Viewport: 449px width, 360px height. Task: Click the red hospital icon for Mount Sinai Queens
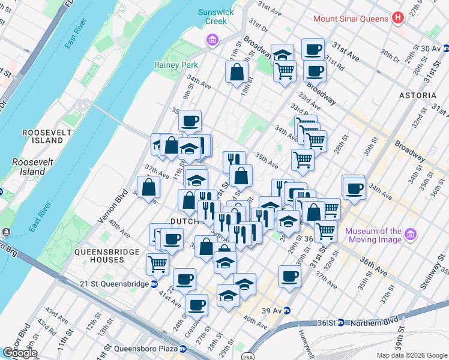tap(397, 18)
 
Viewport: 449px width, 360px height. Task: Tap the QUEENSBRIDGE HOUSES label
tap(99, 256)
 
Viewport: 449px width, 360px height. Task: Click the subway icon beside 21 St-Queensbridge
tap(154, 284)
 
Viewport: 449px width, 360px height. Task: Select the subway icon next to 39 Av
tap(287, 310)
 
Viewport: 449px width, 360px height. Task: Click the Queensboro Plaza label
tap(140, 349)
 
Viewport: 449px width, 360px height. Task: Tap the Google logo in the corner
tap(20, 353)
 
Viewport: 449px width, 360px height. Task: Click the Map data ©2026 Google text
tap(412, 355)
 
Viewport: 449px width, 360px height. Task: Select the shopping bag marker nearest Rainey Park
tap(237, 72)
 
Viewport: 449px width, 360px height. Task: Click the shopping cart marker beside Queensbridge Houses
tap(157, 263)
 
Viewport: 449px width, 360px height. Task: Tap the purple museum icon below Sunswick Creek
tap(212, 41)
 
